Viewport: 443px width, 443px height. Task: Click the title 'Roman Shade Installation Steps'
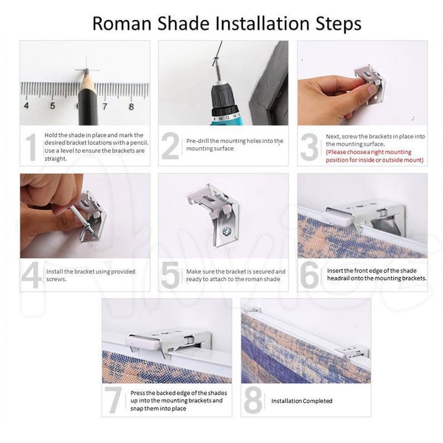point(227,23)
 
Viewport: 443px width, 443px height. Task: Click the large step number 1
point(32,147)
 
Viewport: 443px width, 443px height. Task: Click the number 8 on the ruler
point(132,106)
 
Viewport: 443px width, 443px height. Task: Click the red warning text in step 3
point(375,156)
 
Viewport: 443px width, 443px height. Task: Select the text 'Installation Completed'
point(302,401)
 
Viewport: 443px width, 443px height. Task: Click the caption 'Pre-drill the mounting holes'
point(234,145)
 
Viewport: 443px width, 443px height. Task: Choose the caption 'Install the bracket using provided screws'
point(90,275)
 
